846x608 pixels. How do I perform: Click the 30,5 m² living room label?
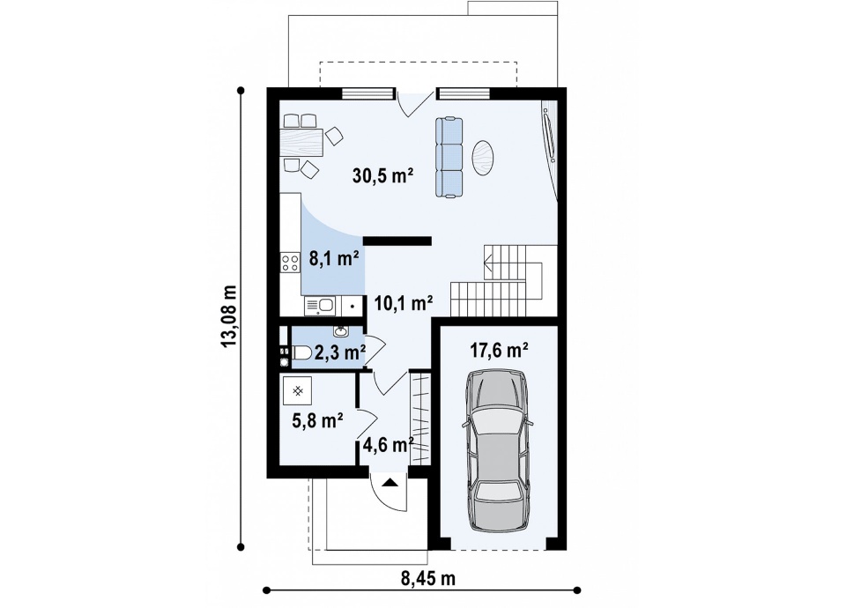pyautogui.click(x=382, y=176)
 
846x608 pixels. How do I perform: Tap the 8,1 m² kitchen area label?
pyautogui.click(x=334, y=259)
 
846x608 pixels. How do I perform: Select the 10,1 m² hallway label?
pyautogui.click(x=404, y=304)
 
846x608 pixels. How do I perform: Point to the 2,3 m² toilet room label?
pyautogui.click(x=340, y=352)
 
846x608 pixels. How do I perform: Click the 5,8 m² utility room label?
pyautogui.click(x=318, y=421)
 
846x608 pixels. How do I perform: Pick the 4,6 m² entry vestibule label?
pyautogui.click(x=388, y=445)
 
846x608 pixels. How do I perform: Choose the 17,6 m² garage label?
pyautogui.click(x=499, y=351)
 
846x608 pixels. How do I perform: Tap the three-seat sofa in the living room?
pyautogui.click(x=449, y=158)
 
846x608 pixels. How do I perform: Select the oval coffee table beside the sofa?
pyautogui.click(x=483, y=158)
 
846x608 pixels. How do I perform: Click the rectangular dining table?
pyautogui.click(x=301, y=143)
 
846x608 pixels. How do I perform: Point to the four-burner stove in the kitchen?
pyautogui.click(x=290, y=263)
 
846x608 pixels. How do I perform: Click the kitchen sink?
pyautogui.click(x=320, y=306)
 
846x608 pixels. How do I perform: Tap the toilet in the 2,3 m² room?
pyautogui.click(x=301, y=354)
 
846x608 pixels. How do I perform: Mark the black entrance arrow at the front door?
pyautogui.click(x=390, y=482)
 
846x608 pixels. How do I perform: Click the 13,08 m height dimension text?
pyautogui.click(x=230, y=316)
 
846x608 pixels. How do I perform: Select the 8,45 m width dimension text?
pyautogui.click(x=428, y=579)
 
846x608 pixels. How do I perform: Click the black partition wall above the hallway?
pyautogui.click(x=397, y=241)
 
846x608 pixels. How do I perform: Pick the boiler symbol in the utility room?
pyautogui.click(x=297, y=390)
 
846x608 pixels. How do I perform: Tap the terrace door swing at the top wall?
pyautogui.click(x=414, y=105)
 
